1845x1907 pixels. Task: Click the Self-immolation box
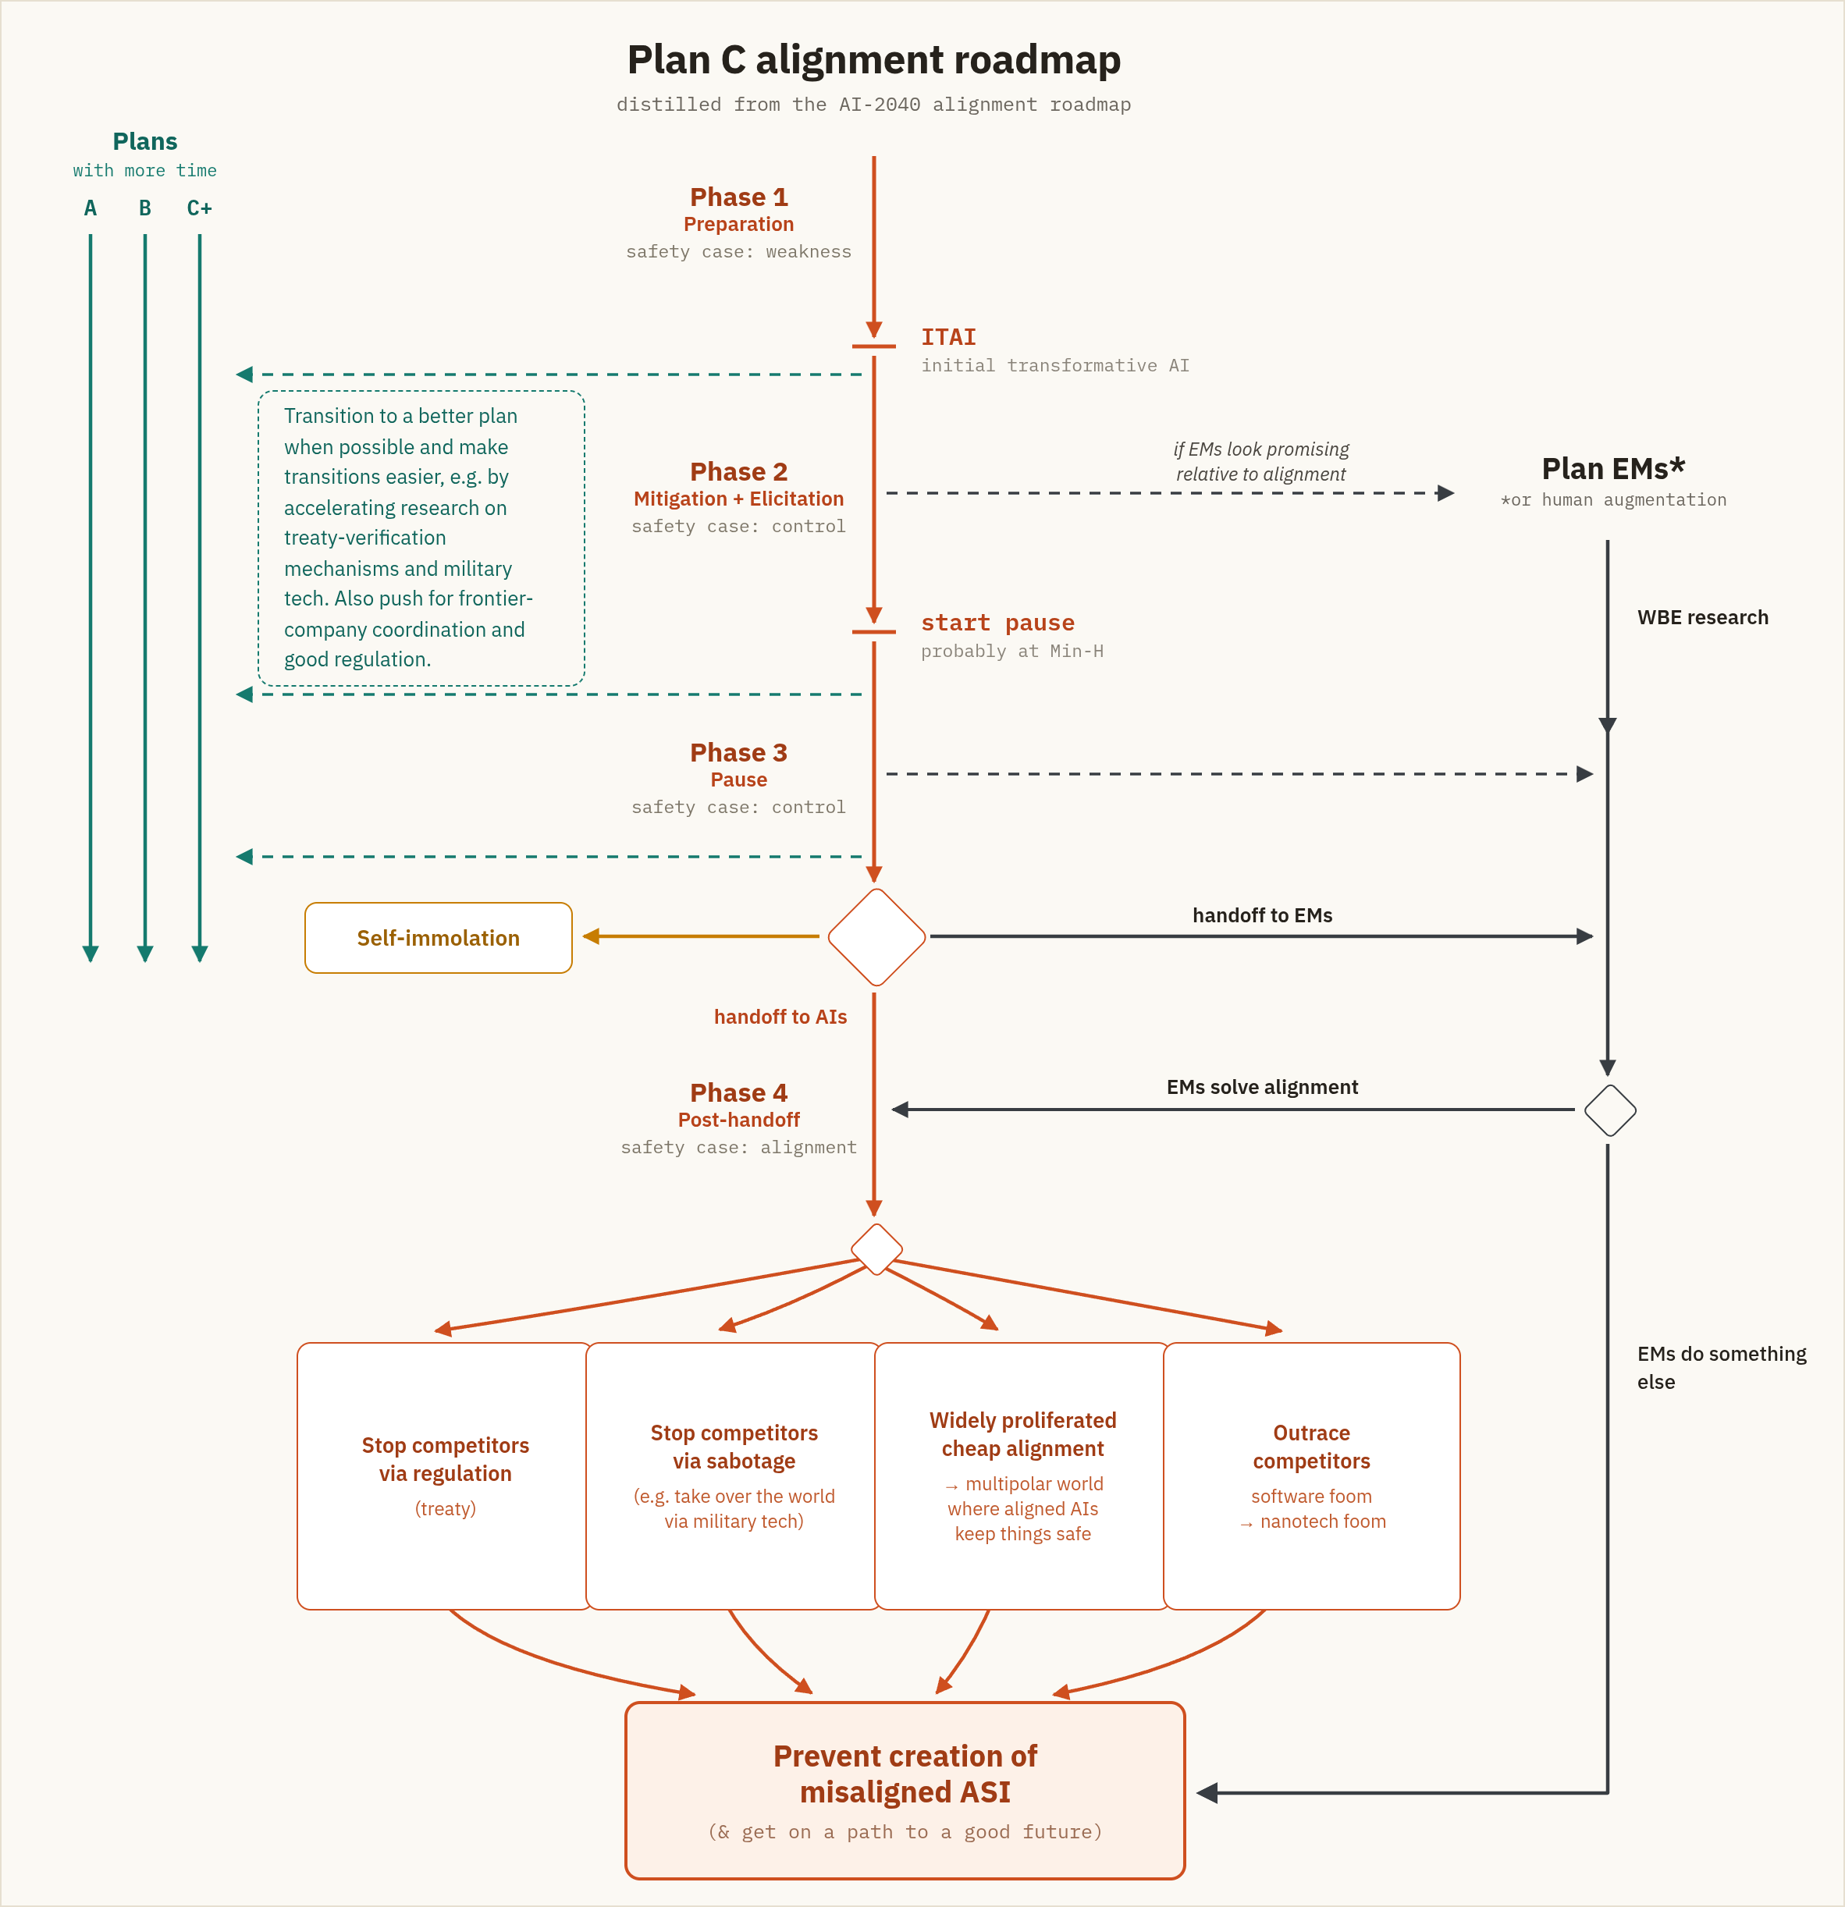click(438, 938)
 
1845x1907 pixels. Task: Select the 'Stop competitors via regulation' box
click(445, 1476)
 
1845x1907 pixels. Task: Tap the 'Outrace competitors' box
click(1312, 1476)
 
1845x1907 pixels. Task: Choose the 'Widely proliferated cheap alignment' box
click(1022, 1476)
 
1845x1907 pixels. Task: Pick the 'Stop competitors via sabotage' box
click(734, 1476)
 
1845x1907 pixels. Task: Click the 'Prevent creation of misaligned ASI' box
click(905, 1790)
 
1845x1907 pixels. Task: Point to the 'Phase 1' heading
click(738, 197)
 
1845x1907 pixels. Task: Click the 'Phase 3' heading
click(738, 753)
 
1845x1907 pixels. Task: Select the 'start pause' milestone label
click(997, 623)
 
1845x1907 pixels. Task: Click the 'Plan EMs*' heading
click(1613, 469)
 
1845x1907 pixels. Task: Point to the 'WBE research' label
click(1703, 618)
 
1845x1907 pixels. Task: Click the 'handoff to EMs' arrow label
click(1262, 915)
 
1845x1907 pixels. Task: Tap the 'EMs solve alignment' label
click(1262, 1088)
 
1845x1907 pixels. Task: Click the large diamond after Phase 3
click(876, 937)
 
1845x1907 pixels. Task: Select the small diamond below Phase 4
click(876, 1249)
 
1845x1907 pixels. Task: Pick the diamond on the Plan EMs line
click(1609, 1110)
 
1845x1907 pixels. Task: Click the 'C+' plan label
click(200, 208)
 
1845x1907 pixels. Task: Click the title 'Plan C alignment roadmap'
click(874, 60)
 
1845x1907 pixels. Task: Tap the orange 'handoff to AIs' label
click(780, 1017)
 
